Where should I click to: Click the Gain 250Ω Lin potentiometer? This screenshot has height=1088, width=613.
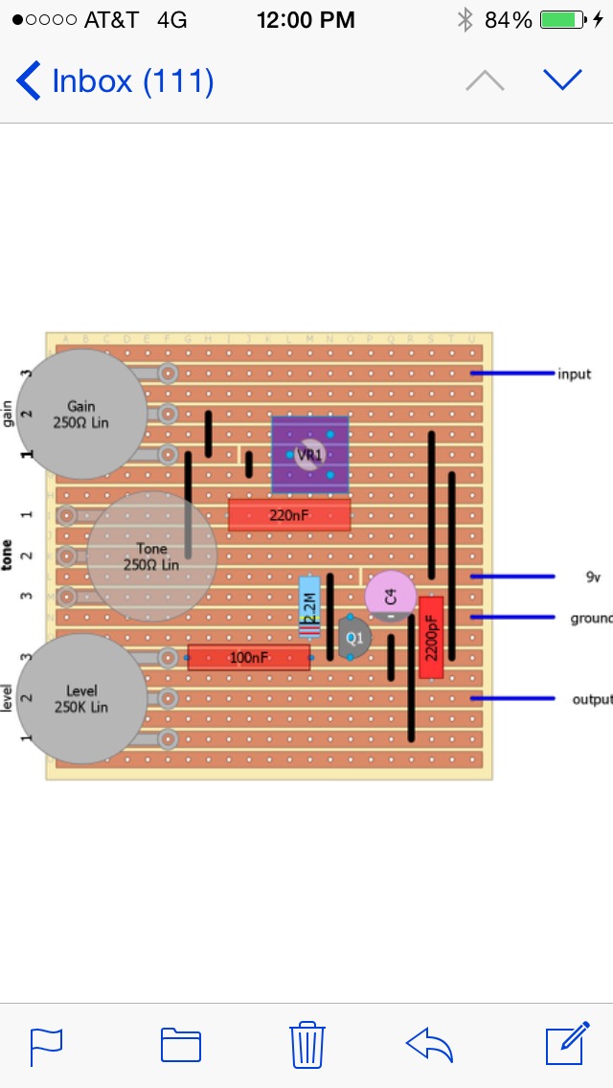[x=81, y=414]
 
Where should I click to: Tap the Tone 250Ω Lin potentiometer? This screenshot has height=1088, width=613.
[x=151, y=556]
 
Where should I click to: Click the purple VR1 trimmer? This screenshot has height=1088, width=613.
[x=309, y=454]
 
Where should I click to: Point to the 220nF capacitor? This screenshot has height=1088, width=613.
[x=289, y=515]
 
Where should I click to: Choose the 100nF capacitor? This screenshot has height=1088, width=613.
[x=248, y=657]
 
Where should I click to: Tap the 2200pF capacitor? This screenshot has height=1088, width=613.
[x=431, y=637]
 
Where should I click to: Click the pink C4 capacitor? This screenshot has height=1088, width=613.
[x=390, y=596]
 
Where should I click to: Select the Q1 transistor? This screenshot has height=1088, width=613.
[x=354, y=637]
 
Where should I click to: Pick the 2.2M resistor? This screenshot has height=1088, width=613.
[x=309, y=607]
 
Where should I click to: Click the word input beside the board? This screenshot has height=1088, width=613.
[x=575, y=374]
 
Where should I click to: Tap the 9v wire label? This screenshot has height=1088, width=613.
[x=592, y=577]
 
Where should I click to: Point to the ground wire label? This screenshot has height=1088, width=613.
[x=590, y=618]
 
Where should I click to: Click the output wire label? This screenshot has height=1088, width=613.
[x=591, y=699]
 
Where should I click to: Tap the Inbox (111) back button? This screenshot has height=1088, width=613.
[x=115, y=80]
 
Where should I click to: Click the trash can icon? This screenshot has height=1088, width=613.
[x=306, y=1044]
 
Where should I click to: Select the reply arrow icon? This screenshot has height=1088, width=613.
[x=430, y=1044]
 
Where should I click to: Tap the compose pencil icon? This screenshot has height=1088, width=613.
[x=566, y=1044]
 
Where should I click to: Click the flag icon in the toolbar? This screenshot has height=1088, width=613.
[x=46, y=1046]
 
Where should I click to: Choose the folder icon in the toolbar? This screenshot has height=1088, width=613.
[x=181, y=1045]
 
